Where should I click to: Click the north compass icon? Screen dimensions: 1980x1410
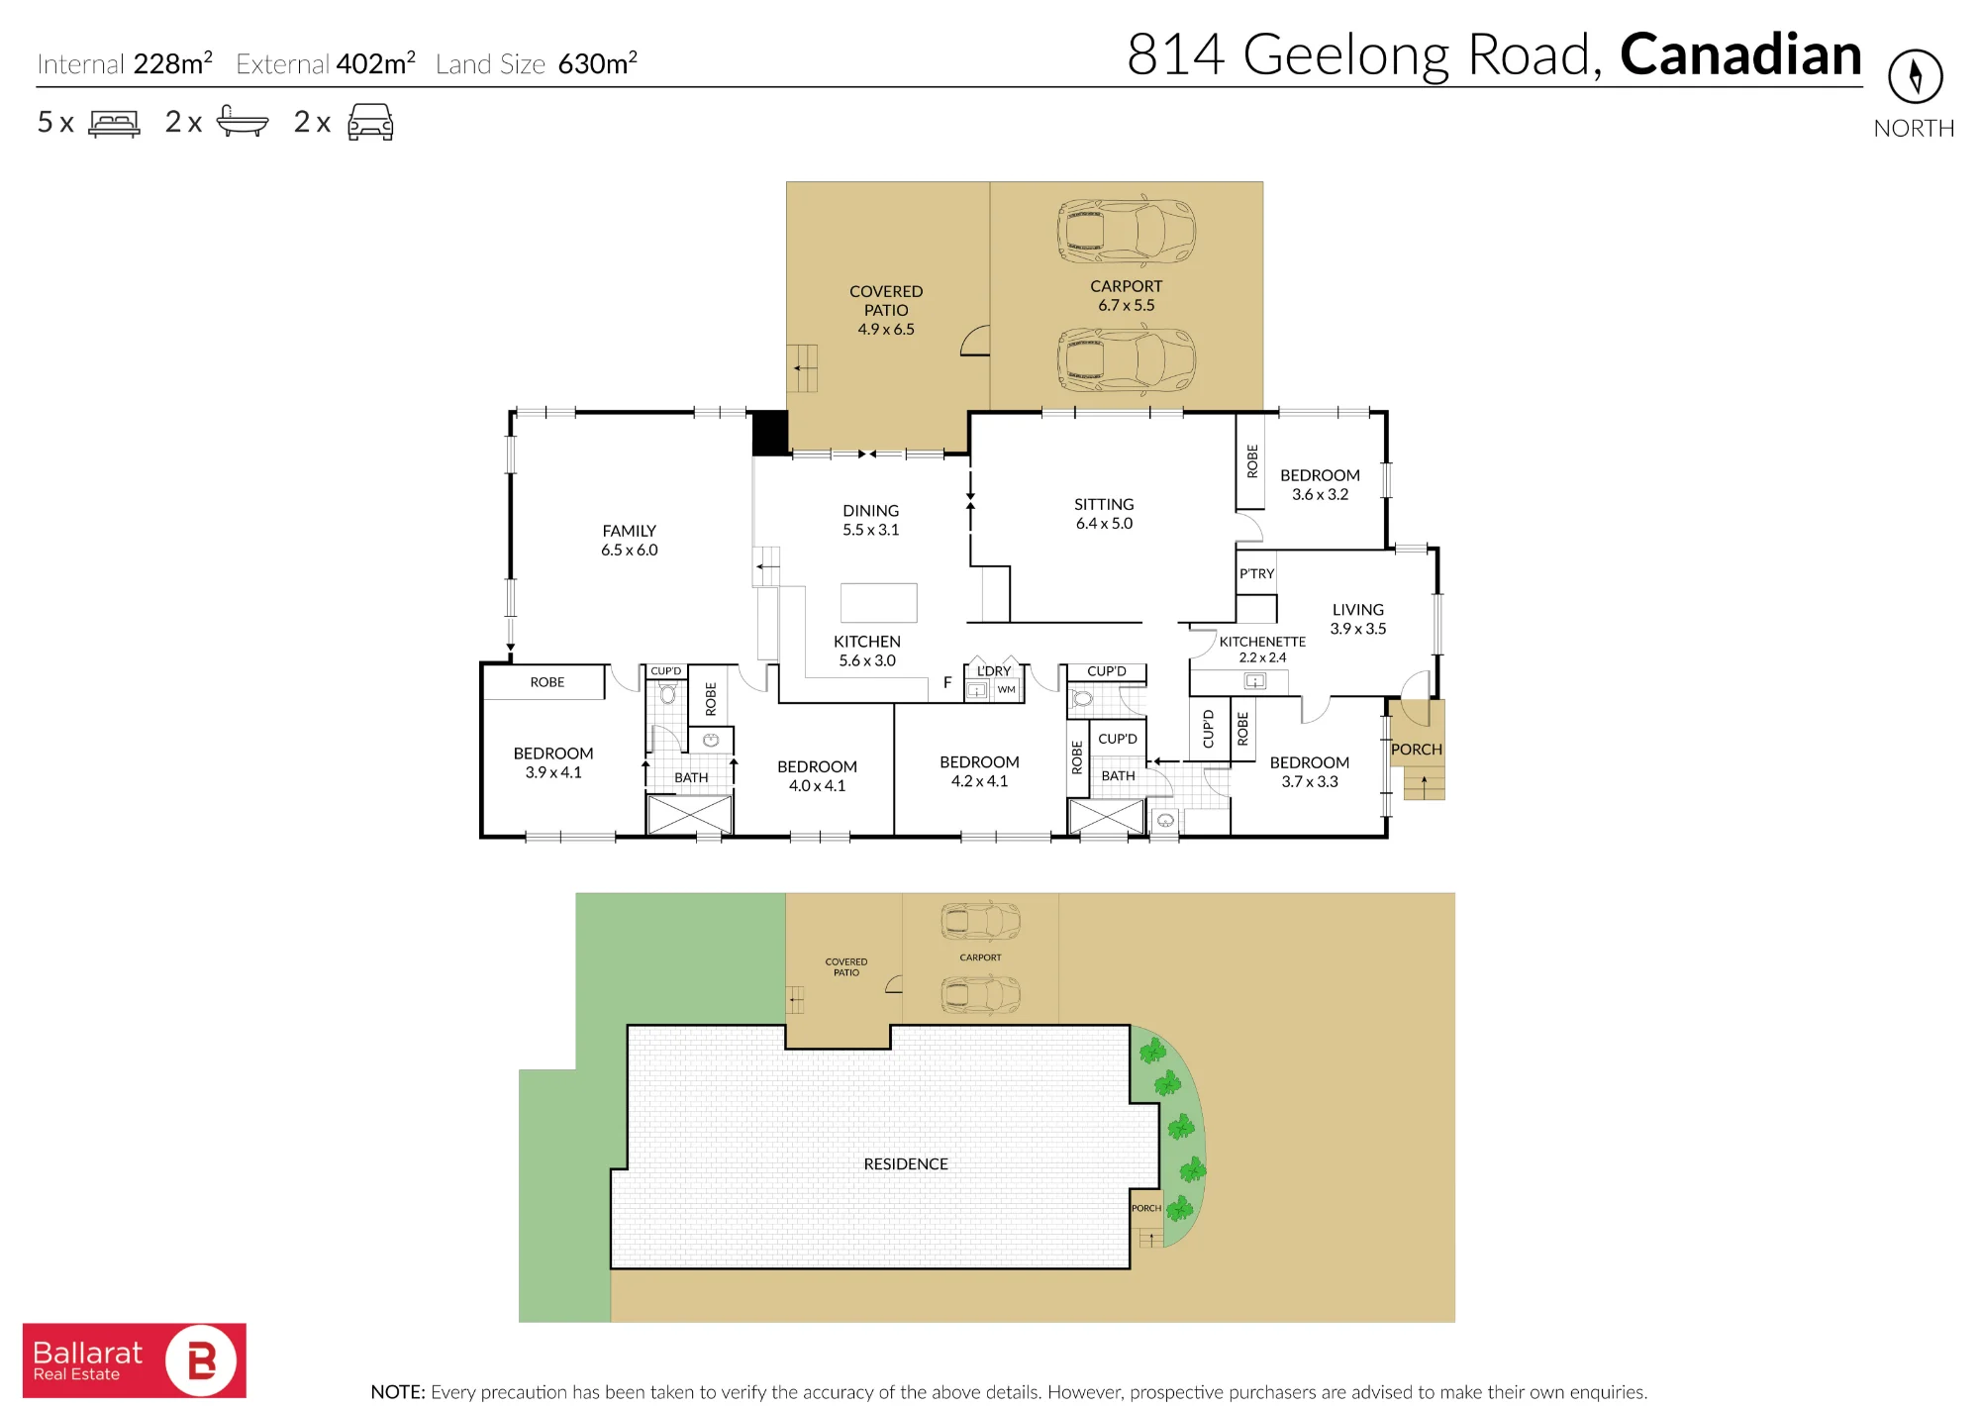(1915, 76)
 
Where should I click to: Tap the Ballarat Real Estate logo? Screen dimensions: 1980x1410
(135, 1360)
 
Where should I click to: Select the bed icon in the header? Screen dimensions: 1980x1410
(114, 123)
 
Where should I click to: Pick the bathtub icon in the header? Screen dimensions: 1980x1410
(242, 121)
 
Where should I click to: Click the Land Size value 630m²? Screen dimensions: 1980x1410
(597, 63)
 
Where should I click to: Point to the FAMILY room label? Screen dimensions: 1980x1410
(629, 531)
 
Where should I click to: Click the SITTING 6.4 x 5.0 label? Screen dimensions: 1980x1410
(1104, 514)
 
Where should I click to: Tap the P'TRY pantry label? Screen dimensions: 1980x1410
(1256, 574)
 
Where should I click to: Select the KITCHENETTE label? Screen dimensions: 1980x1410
(1262, 642)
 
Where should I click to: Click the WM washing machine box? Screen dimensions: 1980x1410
(1007, 690)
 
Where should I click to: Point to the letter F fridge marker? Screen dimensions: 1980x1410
(947, 682)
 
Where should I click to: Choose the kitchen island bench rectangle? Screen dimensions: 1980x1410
(878, 602)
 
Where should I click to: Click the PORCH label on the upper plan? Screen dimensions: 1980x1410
(1417, 750)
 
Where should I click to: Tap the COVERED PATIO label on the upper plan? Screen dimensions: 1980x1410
(886, 300)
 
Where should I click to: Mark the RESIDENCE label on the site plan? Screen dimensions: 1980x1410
(906, 1164)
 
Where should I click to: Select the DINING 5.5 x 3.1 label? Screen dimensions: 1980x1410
(871, 520)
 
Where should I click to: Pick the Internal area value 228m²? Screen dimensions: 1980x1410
(172, 63)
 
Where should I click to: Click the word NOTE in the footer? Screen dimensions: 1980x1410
(398, 1392)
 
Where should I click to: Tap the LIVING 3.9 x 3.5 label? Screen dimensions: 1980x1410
(1358, 619)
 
